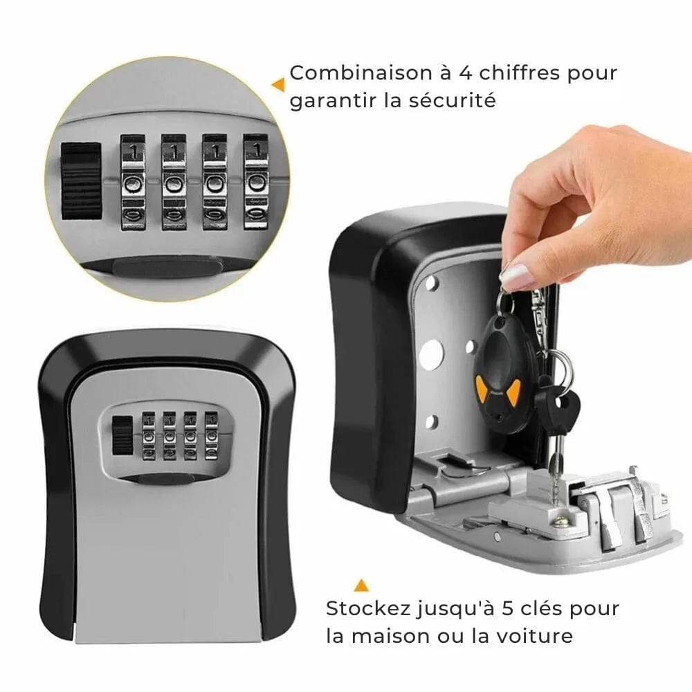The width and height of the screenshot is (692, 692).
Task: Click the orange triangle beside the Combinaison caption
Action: pos(278,84)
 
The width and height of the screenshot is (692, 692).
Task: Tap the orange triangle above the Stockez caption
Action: pos(360,586)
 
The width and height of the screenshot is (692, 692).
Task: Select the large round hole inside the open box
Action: pos(430,355)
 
